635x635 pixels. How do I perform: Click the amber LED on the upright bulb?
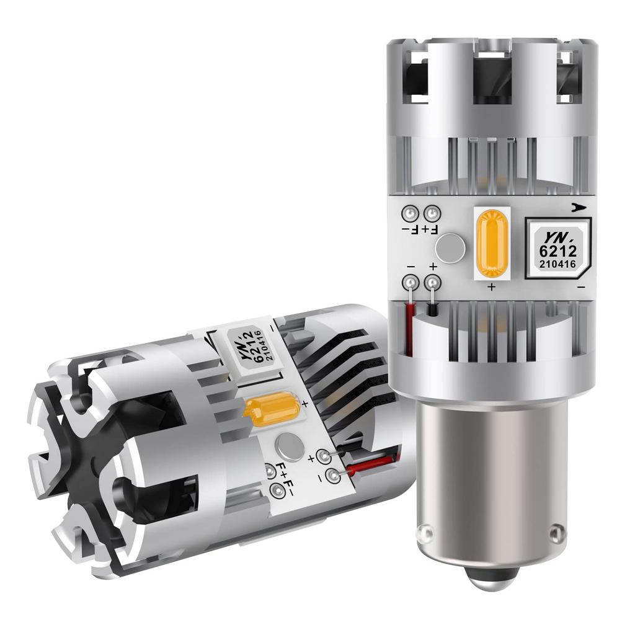[491, 243]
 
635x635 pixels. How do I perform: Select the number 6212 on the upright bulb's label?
[558, 251]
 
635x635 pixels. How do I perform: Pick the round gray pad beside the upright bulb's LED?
[450, 249]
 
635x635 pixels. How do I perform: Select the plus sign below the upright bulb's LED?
[491, 287]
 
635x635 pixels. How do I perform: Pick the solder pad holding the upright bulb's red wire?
[410, 284]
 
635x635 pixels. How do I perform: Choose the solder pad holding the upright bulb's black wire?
[432, 284]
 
